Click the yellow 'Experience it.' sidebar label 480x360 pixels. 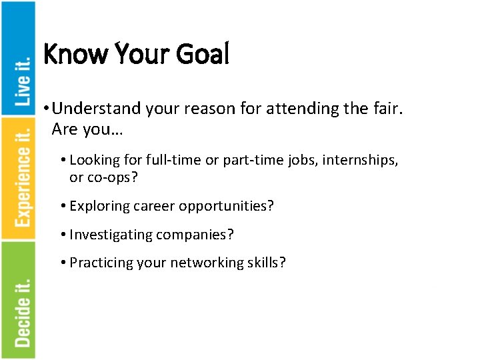[x=23, y=177]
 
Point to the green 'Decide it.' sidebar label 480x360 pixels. [x=23, y=311]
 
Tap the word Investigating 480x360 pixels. [x=111, y=235]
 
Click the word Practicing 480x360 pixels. [x=101, y=263]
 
